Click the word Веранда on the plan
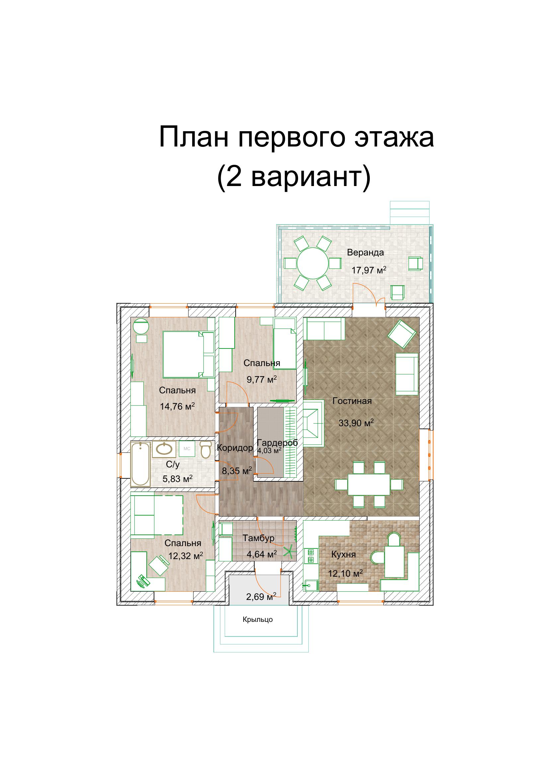365,252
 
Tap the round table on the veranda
313,263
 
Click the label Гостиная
352,401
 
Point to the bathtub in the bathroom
140,463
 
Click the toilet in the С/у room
205,449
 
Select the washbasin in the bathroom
164,449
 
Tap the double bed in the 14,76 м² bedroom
188,354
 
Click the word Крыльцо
258,619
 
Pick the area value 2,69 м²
261,597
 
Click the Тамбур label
258,538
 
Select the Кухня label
343,554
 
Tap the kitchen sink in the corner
311,585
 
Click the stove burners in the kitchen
310,556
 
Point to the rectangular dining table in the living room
369,485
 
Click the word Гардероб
277,442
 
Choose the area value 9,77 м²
262,379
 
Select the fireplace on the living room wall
313,423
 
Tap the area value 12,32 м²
186,556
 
